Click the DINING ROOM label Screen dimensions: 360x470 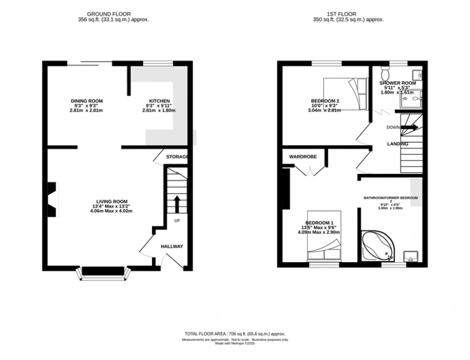click(87, 101)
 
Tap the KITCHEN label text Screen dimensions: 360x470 click(160, 101)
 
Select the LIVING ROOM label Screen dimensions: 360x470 click(112, 201)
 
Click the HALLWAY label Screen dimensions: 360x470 click(172, 246)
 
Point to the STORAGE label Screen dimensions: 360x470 click(177, 157)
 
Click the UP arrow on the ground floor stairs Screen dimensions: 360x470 click(176, 204)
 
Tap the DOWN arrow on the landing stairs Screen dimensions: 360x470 click(409, 128)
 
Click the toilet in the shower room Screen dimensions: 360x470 click(385, 74)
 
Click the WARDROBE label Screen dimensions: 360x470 click(301, 157)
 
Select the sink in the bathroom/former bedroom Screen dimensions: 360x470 click(411, 256)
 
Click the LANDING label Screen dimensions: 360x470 click(398, 144)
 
